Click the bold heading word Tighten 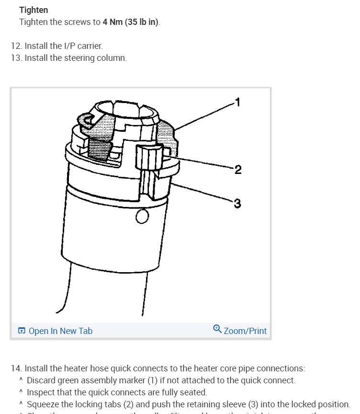[34, 10]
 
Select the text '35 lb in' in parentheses [142, 23]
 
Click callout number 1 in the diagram [237, 102]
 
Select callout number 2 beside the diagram [238, 169]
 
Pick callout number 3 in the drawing [237, 204]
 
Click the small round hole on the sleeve [142, 217]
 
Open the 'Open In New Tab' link [60, 331]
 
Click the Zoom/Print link [245, 331]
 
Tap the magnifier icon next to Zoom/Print [217, 329]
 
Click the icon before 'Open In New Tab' [22, 331]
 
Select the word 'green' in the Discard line [68, 380]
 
